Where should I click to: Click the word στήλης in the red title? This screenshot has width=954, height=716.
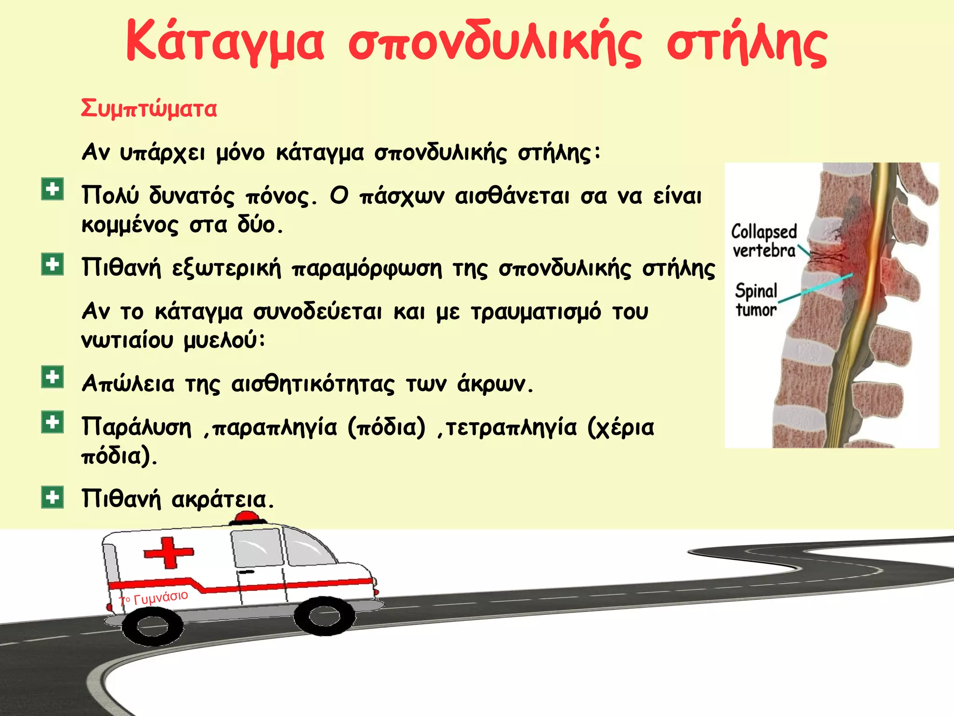747,43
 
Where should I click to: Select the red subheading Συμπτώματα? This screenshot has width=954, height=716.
149,109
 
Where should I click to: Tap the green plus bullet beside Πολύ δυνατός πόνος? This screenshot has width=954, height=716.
52,189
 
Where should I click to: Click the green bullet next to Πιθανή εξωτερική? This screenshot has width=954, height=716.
52,264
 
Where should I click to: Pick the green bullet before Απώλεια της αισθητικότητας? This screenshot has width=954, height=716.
52,377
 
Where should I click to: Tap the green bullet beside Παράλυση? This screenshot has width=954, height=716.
52,422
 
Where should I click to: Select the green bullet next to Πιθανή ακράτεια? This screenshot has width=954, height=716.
52,497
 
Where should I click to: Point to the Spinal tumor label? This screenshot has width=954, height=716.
756,300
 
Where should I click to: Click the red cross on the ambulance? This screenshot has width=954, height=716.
168,552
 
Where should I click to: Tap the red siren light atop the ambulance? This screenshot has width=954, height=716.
247,516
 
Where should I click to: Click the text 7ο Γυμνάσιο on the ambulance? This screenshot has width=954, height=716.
154,598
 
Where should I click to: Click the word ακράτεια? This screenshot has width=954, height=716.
223,500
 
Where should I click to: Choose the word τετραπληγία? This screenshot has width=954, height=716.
511,427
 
